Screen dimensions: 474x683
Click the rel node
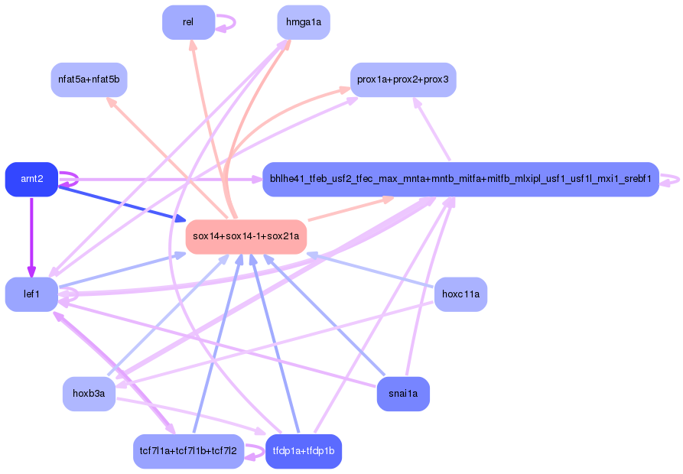188,22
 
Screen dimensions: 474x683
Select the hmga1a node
303,22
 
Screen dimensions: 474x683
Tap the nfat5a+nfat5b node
89,80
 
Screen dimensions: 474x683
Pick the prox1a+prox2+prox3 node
403,80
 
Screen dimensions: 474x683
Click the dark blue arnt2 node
31,179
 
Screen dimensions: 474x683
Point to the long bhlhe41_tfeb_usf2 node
460,179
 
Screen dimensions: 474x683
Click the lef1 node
31,294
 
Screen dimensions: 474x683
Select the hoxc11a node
460,294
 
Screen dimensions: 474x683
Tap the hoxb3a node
89,394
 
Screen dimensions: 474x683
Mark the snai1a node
403,394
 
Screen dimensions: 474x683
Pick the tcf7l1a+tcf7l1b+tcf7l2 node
188,451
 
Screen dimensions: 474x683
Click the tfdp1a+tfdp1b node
303,451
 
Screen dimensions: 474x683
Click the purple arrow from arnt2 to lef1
31,237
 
